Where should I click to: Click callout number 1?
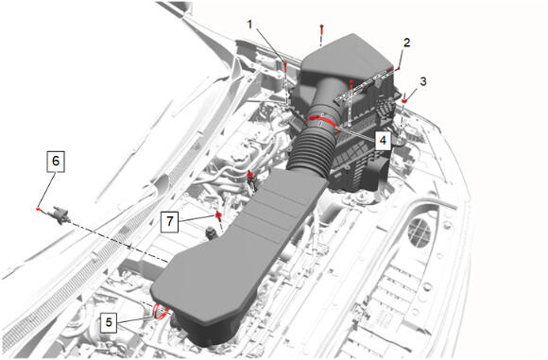pos(249,25)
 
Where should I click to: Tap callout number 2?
pos(406,43)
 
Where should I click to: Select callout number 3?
pos(423,81)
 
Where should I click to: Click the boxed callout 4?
pos(383,140)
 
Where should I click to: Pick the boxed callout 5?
pos(109,322)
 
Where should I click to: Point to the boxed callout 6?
pos(56,162)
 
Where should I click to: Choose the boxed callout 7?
pos(170,221)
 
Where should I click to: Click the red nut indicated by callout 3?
pos(404,101)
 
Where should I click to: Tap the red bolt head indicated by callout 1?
pos(285,64)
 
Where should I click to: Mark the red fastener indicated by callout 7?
pos(218,214)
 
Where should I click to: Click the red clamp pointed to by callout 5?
pos(160,312)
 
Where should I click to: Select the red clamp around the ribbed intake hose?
pos(321,121)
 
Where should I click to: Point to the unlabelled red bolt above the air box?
pos(321,26)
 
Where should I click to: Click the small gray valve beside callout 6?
pos(60,213)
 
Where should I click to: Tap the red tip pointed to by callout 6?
pos(38,209)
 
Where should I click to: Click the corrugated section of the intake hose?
pos(311,150)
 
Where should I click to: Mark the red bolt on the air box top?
pos(351,82)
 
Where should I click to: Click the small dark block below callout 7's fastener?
pos(212,232)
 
